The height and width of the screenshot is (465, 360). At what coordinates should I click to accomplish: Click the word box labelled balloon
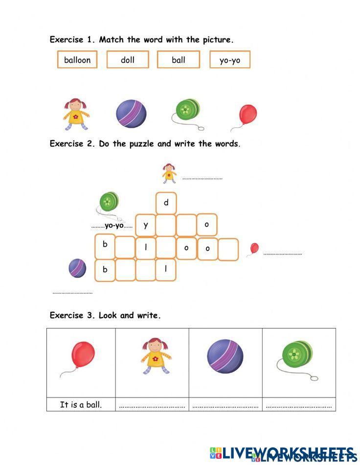click(x=77, y=60)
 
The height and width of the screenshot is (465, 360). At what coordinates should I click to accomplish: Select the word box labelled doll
click(x=128, y=60)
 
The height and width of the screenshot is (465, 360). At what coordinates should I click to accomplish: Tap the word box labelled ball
click(x=179, y=60)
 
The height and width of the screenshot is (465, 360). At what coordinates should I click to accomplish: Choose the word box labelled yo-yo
click(x=229, y=60)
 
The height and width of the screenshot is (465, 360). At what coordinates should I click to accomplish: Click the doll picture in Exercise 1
click(x=75, y=114)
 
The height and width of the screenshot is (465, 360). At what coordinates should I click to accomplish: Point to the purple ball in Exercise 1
click(x=131, y=113)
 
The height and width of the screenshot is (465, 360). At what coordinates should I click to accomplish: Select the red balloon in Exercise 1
click(x=247, y=115)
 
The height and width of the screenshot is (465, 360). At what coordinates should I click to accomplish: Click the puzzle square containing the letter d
click(x=166, y=203)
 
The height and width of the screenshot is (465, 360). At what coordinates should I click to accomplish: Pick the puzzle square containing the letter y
click(x=146, y=225)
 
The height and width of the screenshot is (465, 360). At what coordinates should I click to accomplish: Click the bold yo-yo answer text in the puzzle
click(x=114, y=226)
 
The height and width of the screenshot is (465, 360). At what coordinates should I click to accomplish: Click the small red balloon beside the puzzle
click(x=254, y=248)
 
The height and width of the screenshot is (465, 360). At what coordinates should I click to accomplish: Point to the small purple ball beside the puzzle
click(x=77, y=268)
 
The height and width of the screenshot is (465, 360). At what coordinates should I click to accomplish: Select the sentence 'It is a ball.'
click(x=81, y=405)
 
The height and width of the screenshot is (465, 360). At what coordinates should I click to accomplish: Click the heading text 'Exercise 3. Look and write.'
click(x=105, y=316)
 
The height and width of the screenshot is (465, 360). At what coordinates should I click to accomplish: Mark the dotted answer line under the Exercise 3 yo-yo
click(x=299, y=406)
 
